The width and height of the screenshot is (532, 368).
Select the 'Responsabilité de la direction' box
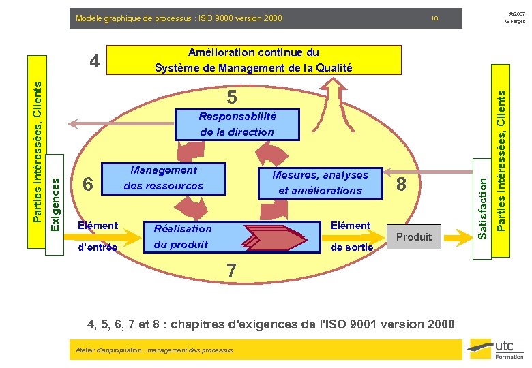coord(237,124)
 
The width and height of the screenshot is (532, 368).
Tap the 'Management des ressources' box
coord(164,179)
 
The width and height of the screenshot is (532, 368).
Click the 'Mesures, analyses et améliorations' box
coord(320,183)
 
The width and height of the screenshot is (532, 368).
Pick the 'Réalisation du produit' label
coord(182,236)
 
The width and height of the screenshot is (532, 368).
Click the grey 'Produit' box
coord(414,237)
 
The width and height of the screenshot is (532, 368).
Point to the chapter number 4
coord(96,61)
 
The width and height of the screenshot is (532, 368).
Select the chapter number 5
coord(232,98)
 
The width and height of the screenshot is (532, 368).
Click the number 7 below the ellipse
coord(232,271)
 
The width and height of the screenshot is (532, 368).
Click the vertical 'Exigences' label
coord(57,194)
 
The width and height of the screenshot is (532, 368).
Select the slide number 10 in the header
coord(434,18)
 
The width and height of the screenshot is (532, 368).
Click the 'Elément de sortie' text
coord(351,236)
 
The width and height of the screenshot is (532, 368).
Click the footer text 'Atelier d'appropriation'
coord(152,350)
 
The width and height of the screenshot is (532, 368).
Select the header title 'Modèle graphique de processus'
coord(179,18)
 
